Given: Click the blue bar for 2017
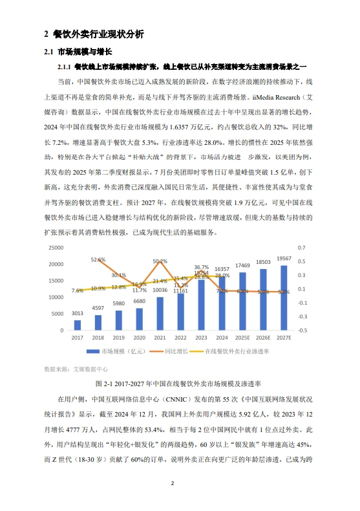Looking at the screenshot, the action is (78, 325).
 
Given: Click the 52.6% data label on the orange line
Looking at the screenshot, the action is (98, 259).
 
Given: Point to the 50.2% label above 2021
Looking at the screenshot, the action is (160, 261).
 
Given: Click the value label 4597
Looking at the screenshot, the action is (98, 308).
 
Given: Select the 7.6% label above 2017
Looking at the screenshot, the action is (78, 290).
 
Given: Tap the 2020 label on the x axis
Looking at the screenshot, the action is (139, 338).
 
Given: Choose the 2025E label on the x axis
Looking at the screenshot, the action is (242, 338).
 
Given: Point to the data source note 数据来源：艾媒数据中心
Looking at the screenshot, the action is (74, 368).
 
